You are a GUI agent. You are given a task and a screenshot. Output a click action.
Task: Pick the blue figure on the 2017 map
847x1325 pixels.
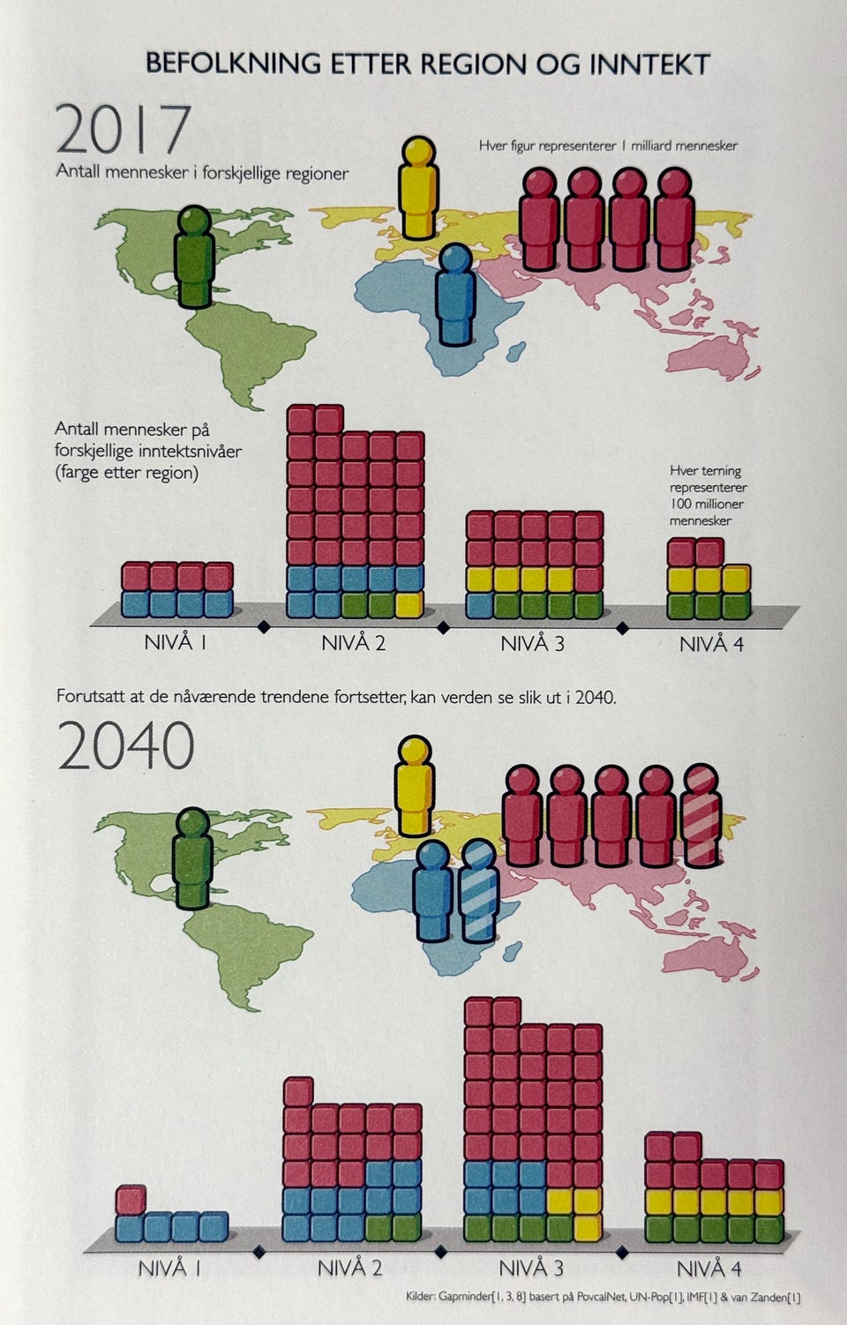(455, 295)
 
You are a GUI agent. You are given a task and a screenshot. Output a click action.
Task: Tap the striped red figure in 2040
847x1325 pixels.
(702, 817)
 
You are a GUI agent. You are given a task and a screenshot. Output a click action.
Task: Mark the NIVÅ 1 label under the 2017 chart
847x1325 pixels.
(175, 642)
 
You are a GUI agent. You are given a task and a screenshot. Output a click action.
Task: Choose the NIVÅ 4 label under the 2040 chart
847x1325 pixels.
(709, 1269)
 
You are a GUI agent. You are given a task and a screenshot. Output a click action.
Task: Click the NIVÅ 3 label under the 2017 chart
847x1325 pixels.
(532, 643)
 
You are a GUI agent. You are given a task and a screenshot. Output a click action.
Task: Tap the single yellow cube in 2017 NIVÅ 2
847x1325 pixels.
(409, 604)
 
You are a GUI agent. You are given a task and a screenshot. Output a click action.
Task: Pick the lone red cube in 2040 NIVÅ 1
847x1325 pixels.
(131, 1200)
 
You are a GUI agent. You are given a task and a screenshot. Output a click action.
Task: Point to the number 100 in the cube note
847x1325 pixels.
(681, 504)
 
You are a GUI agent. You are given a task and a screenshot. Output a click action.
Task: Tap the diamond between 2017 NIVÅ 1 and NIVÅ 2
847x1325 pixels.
(261, 628)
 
